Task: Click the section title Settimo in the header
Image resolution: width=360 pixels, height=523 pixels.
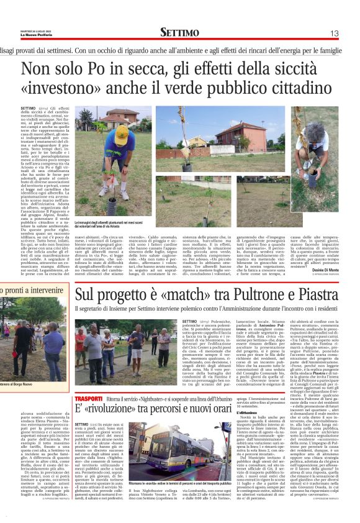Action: click(179, 32)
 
